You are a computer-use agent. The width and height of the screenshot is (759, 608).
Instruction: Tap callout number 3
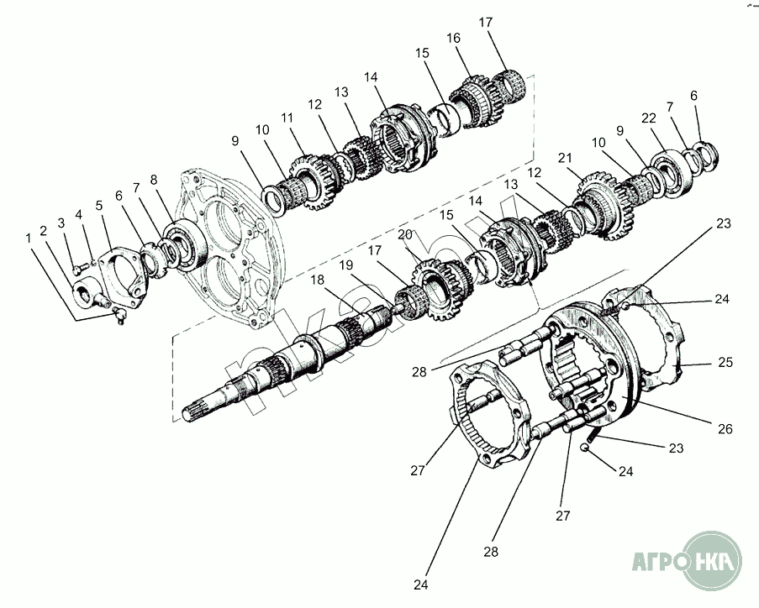coord(61,223)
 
